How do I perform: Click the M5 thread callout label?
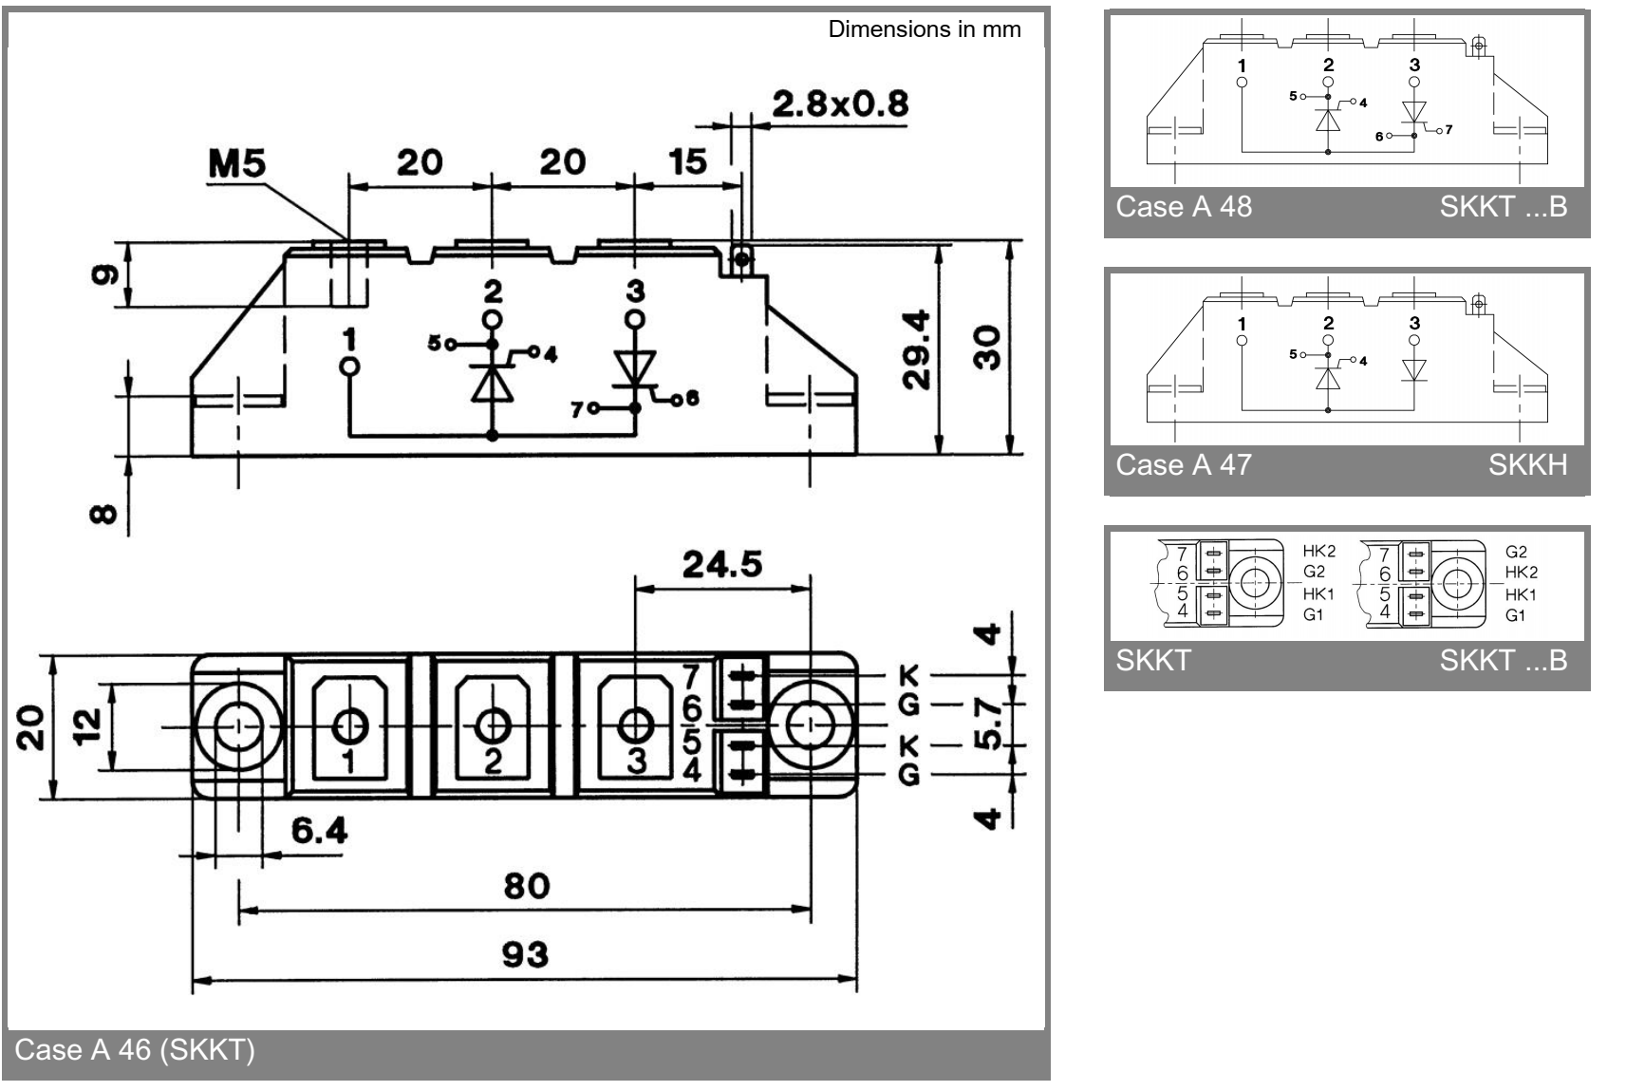pos(237,165)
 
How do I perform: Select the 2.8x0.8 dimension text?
pos(840,103)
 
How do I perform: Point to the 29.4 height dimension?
pos(918,348)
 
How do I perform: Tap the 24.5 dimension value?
pos(722,565)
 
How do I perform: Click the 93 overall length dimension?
pos(525,954)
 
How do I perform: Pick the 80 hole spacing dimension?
pos(526,886)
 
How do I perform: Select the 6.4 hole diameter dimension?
pos(319,831)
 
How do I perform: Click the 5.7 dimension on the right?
pos(989,724)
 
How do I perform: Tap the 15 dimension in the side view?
pos(687,161)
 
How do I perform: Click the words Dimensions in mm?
pos(925,29)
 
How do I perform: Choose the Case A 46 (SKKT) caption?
pos(135,1050)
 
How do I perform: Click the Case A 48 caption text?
pos(1184,207)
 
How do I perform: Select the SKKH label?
pos(1527,465)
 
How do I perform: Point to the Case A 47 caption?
pos(1184,465)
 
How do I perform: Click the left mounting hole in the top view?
pos(238,727)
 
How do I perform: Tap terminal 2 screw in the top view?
pos(492,726)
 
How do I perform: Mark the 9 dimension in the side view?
pos(105,274)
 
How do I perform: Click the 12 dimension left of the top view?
pos(88,726)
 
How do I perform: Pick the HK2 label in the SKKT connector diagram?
pos(1318,552)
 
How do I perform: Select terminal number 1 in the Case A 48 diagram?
pos(1242,66)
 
